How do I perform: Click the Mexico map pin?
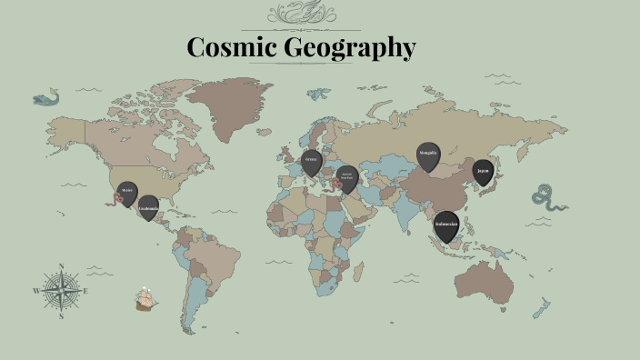[127, 193]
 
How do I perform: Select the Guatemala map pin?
[148, 208]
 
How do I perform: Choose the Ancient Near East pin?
[345, 177]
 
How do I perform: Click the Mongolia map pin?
[427, 155]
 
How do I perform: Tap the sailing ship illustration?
[145, 299]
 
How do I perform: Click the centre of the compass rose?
[61, 291]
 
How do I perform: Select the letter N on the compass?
[61, 266]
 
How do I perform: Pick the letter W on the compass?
[36, 291]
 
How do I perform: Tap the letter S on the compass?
[61, 316]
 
